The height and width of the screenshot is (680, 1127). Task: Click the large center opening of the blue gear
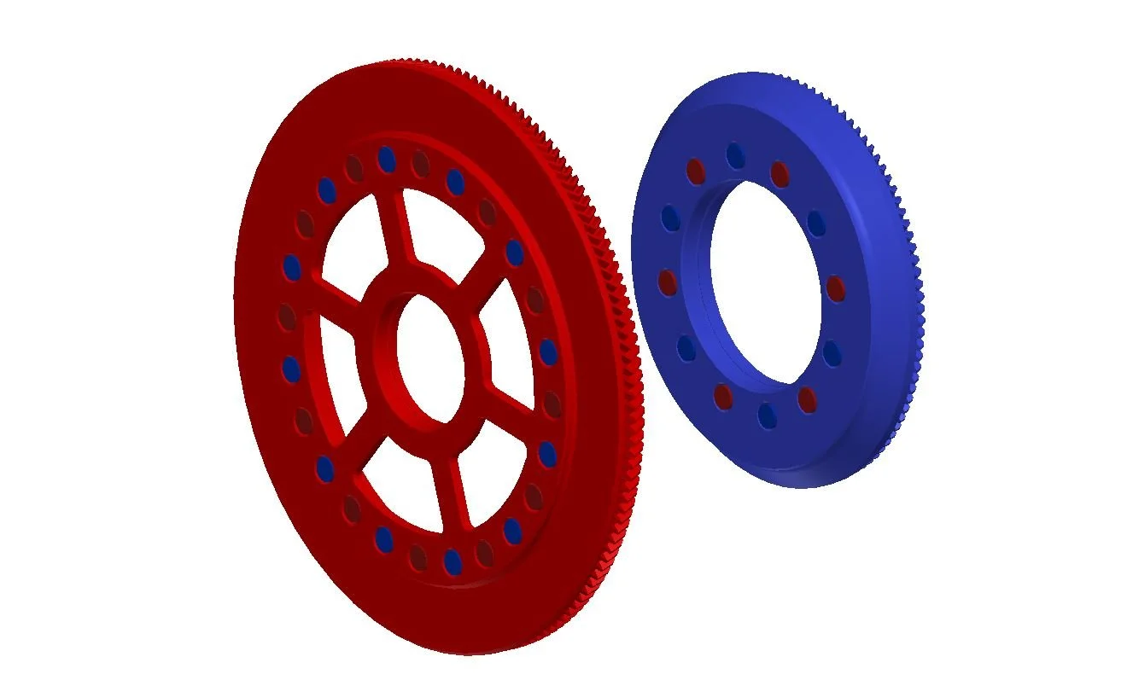pyautogui.click(x=764, y=290)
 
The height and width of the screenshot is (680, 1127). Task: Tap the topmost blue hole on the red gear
pyautogui.click(x=386, y=158)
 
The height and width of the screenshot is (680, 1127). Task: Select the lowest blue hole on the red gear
pyautogui.click(x=453, y=561)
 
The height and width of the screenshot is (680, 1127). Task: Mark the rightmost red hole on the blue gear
pyautogui.click(x=836, y=288)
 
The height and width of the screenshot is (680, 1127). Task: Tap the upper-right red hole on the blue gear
pyautogui.click(x=780, y=173)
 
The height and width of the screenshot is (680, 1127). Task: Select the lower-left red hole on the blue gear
pyautogui.click(x=723, y=396)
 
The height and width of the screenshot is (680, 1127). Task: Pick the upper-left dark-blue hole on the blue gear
pyautogui.click(x=670, y=218)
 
